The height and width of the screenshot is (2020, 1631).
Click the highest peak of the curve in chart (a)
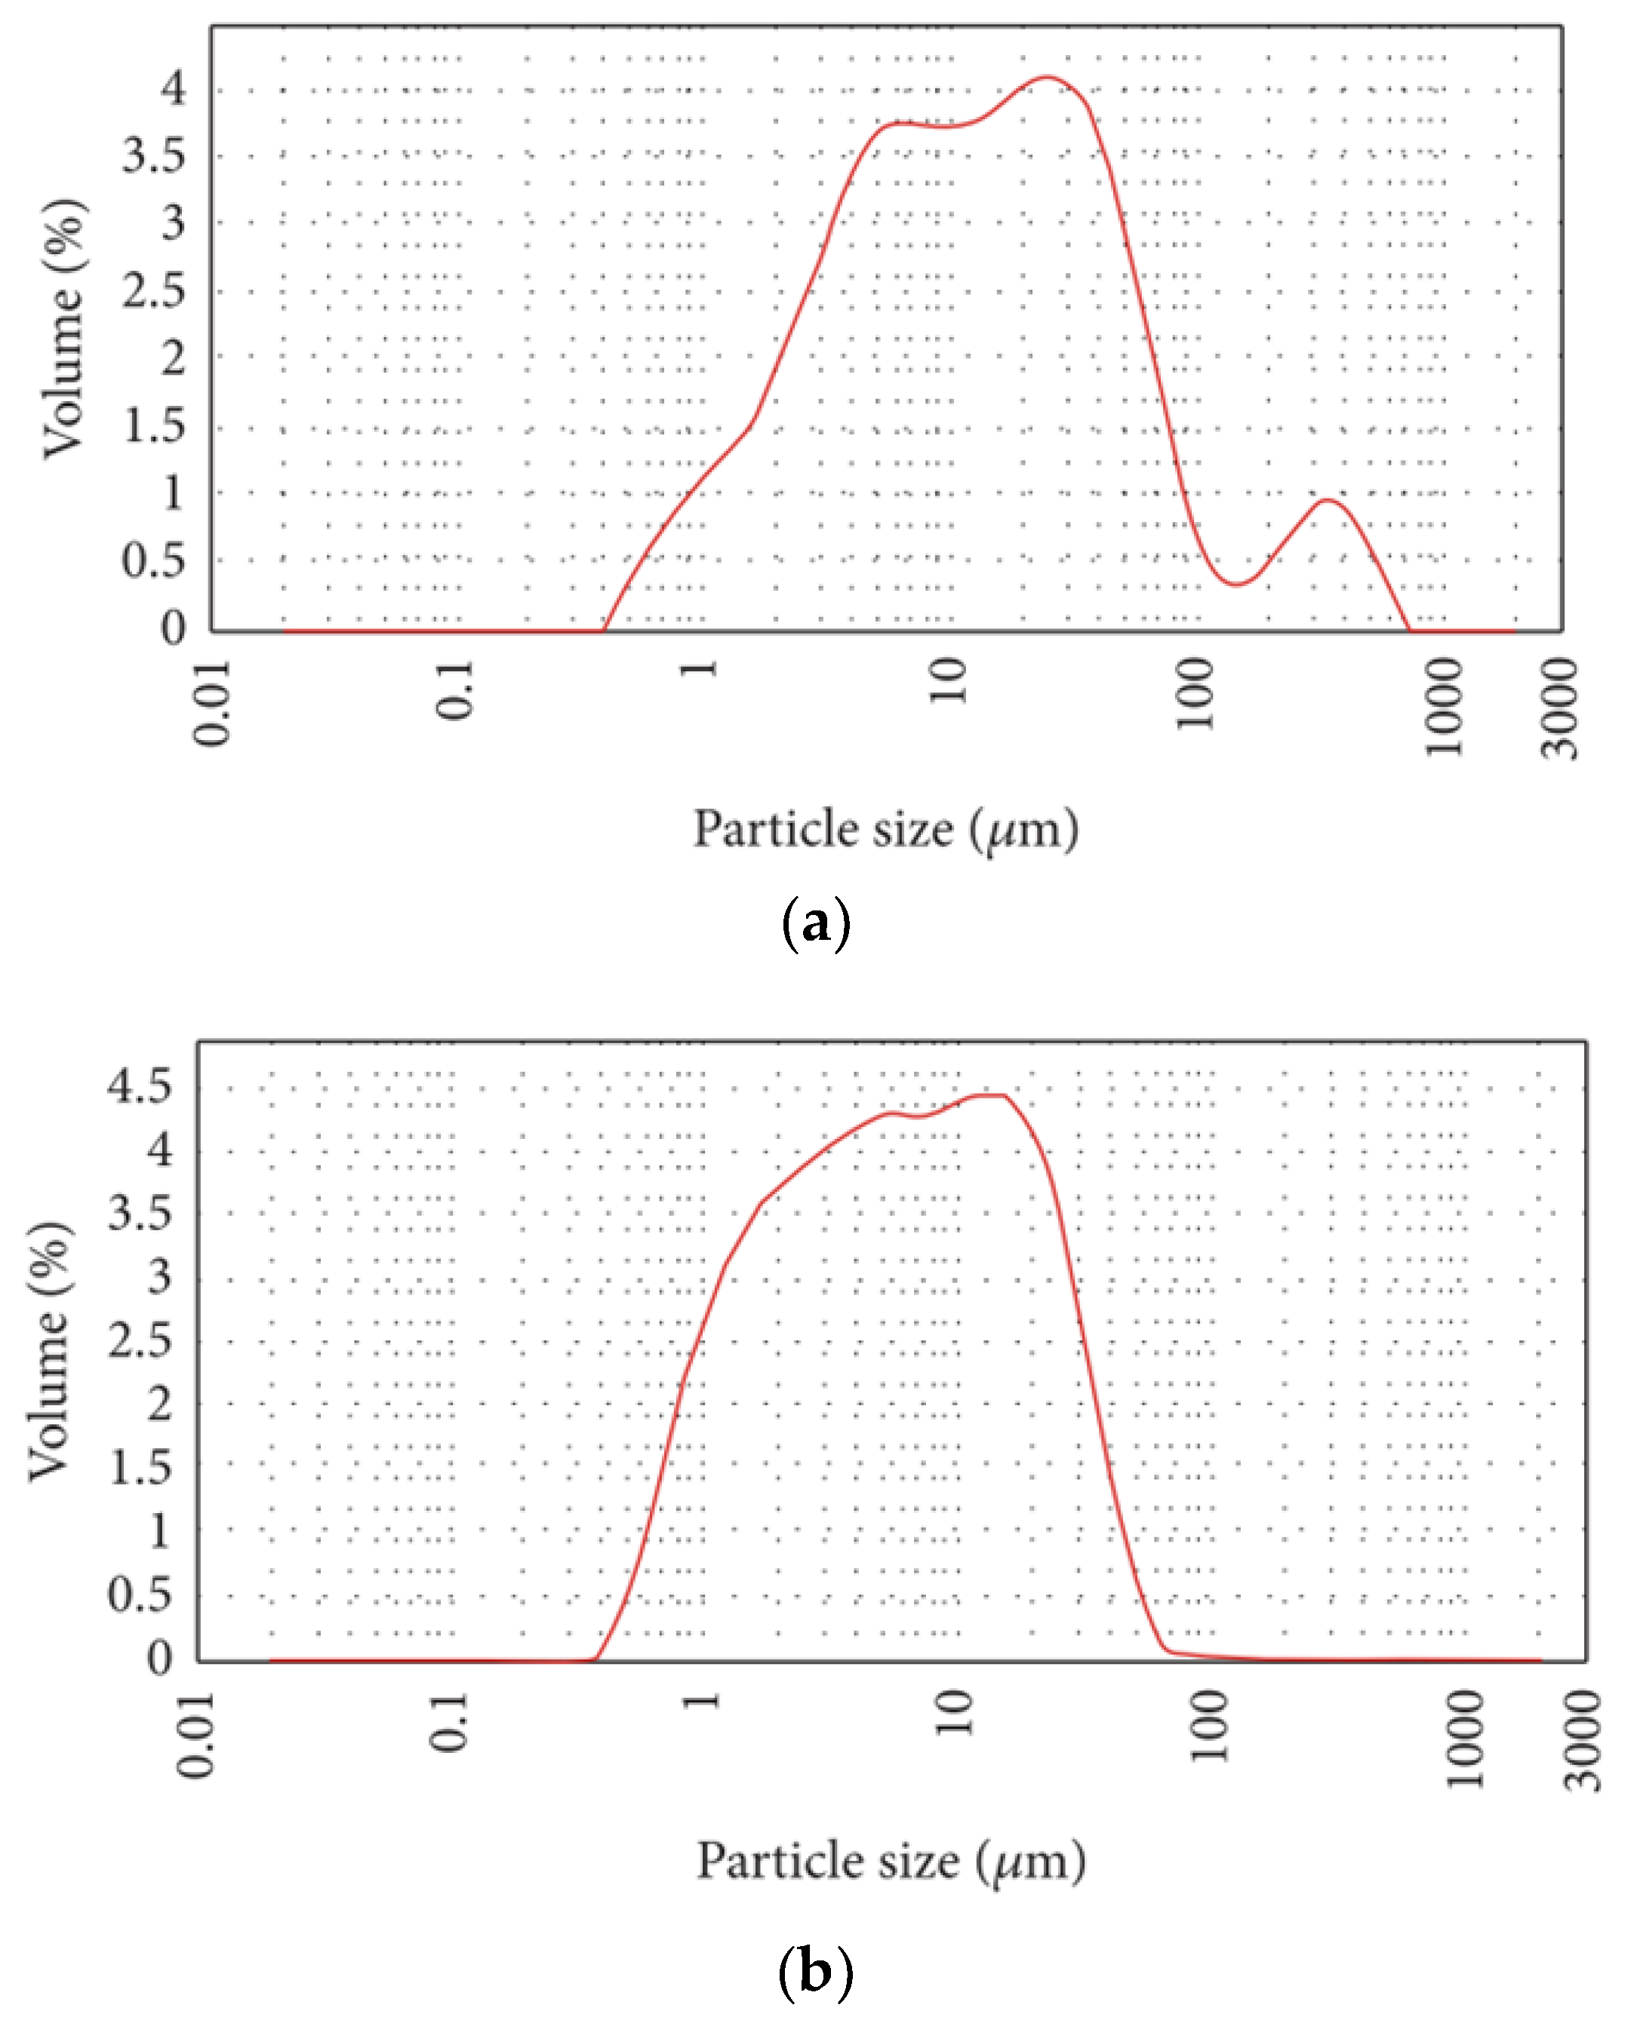[x=1047, y=78]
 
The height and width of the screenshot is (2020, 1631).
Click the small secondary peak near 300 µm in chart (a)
[x=1327, y=499]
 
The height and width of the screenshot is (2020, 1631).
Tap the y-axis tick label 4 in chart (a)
[x=174, y=89]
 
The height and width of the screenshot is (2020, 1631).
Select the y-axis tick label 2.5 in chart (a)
[x=154, y=291]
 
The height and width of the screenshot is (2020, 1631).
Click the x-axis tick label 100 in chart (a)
[x=1195, y=694]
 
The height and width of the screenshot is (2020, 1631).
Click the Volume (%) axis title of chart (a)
[x=64, y=329]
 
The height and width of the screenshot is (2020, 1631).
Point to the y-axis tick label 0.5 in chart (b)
[x=140, y=1595]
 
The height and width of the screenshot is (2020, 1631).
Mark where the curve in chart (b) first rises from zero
[x=595, y=1659]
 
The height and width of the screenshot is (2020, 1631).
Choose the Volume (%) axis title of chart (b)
[x=49, y=1352]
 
